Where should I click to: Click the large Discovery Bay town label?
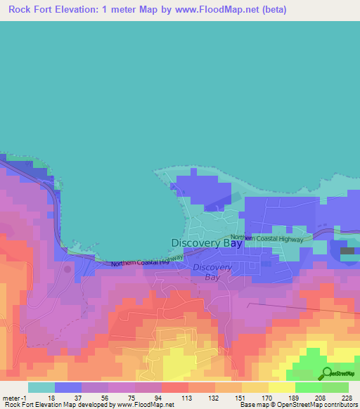point(207,243)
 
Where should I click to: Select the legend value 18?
point(51,397)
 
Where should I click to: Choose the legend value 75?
point(105,397)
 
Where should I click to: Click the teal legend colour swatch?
point(41,387)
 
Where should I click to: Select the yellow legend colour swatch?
point(281,387)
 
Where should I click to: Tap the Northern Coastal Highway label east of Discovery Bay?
point(268,238)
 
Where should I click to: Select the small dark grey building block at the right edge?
point(347,251)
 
